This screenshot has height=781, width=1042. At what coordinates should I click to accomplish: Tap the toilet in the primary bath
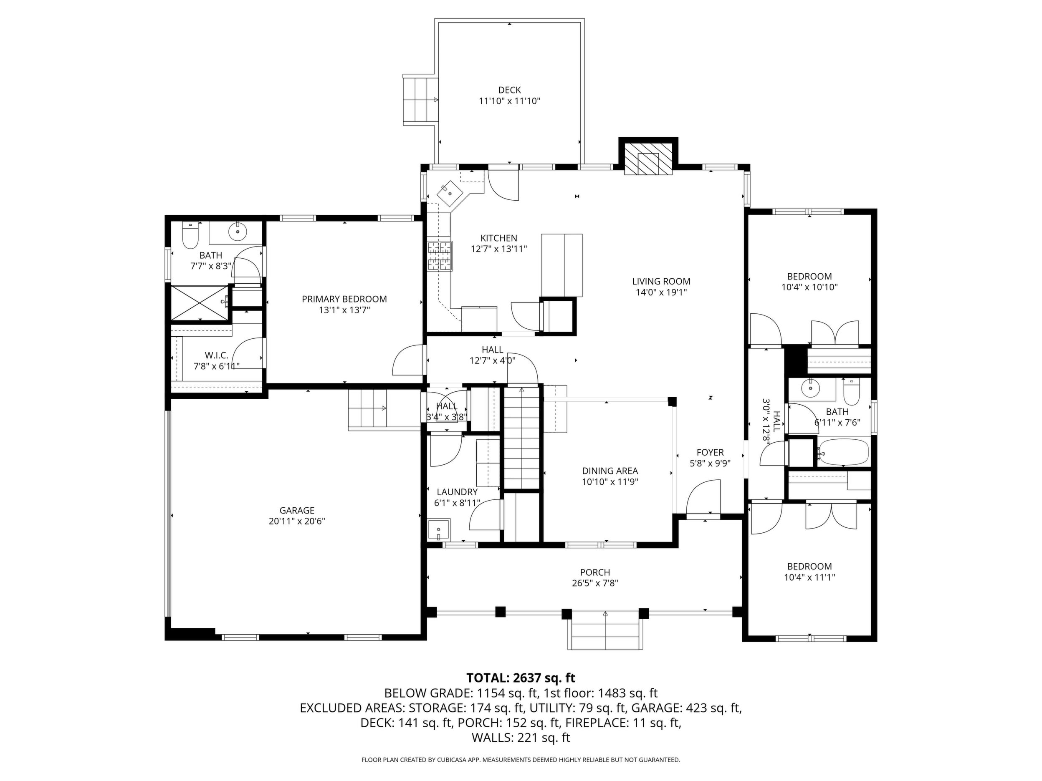coord(190,236)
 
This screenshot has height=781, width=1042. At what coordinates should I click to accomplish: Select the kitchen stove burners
coord(440,256)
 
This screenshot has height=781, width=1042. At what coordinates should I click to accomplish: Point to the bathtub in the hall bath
coord(843,452)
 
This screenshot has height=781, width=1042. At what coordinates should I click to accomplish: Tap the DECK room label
coord(509,90)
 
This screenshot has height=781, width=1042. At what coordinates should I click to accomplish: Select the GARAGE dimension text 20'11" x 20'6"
coord(297,521)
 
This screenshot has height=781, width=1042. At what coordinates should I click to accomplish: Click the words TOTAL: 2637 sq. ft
coord(521,678)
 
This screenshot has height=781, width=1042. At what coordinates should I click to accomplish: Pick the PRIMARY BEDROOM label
coord(344,299)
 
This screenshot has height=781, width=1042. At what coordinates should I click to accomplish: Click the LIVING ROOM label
coord(661,282)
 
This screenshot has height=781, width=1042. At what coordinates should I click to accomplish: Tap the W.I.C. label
coord(216,355)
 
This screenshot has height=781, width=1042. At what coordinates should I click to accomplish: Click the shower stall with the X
coord(200,303)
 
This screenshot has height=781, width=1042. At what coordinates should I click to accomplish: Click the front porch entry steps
coord(605,631)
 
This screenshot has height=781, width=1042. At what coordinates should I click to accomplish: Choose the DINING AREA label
coord(610,471)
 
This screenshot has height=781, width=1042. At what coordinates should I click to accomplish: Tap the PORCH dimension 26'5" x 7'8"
coord(595,583)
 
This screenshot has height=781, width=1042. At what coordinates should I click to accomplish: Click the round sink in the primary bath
coord(238,231)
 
